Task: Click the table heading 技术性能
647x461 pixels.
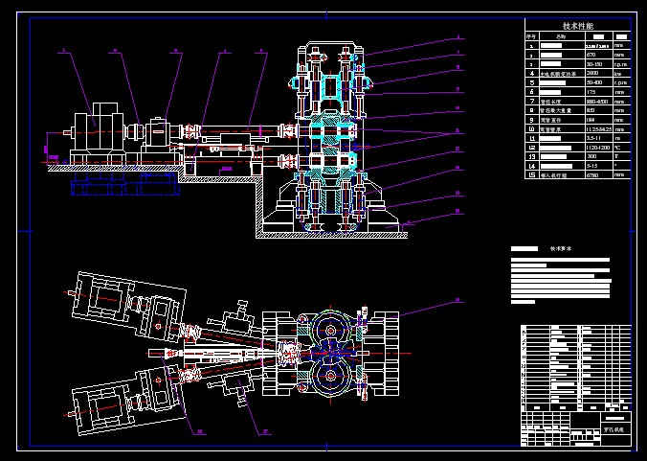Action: (x=578, y=26)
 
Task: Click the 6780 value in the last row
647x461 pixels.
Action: (x=578, y=175)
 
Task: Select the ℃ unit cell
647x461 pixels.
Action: (x=619, y=147)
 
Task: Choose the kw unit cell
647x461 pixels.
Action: (x=619, y=72)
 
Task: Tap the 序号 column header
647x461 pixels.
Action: (x=531, y=35)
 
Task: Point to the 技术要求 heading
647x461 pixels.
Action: (x=559, y=247)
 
